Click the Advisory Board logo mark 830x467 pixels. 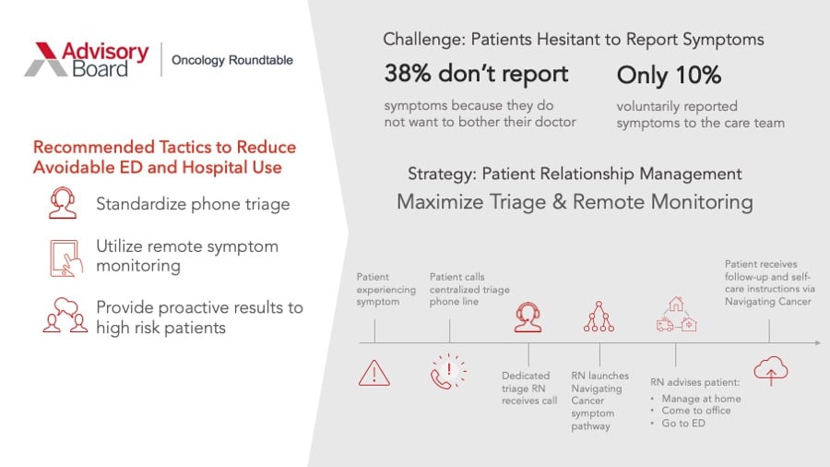tap(47, 59)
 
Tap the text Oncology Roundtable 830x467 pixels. tap(231, 60)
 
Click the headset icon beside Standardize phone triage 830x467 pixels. tap(63, 203)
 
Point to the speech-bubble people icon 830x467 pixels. tap(65, 315)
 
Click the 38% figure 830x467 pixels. tap(408, 73)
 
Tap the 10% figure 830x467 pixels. tap(698, 75)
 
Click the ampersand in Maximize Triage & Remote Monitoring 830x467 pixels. tap(559, 202)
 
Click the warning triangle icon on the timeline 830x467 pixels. tap(374, 373)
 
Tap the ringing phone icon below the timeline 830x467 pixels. tap(448, 372)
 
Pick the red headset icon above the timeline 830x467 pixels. tap(528, 317)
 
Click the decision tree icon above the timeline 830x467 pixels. tap(599, 317)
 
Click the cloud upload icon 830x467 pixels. tap(771, 371)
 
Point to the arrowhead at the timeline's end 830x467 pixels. tap(818, 343)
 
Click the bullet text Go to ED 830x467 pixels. tap(683, 423)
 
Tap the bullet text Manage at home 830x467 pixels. tap(702, 399)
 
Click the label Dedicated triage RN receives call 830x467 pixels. tap(529, 389)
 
